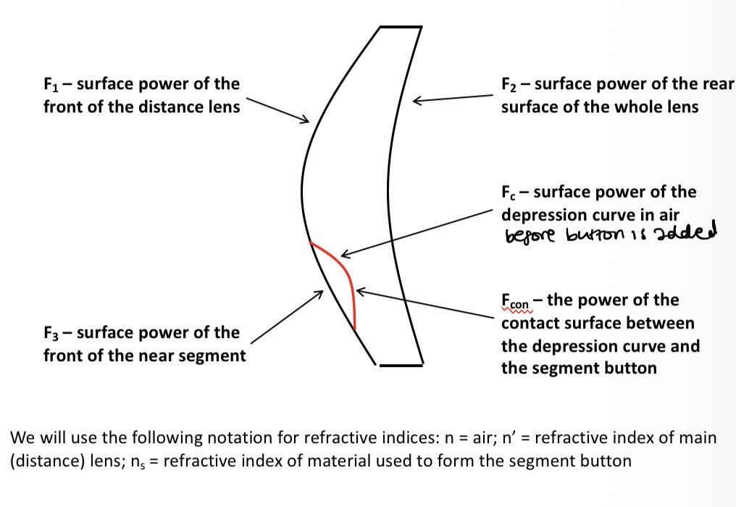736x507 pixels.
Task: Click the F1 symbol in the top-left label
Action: point(51,85)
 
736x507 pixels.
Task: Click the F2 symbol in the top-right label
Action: point(509,85)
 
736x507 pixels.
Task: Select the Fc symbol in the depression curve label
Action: point(508,193)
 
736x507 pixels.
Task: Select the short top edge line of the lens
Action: point(401,28)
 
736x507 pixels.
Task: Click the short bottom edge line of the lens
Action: point(400,364)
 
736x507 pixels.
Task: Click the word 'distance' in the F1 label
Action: point(138,107)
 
